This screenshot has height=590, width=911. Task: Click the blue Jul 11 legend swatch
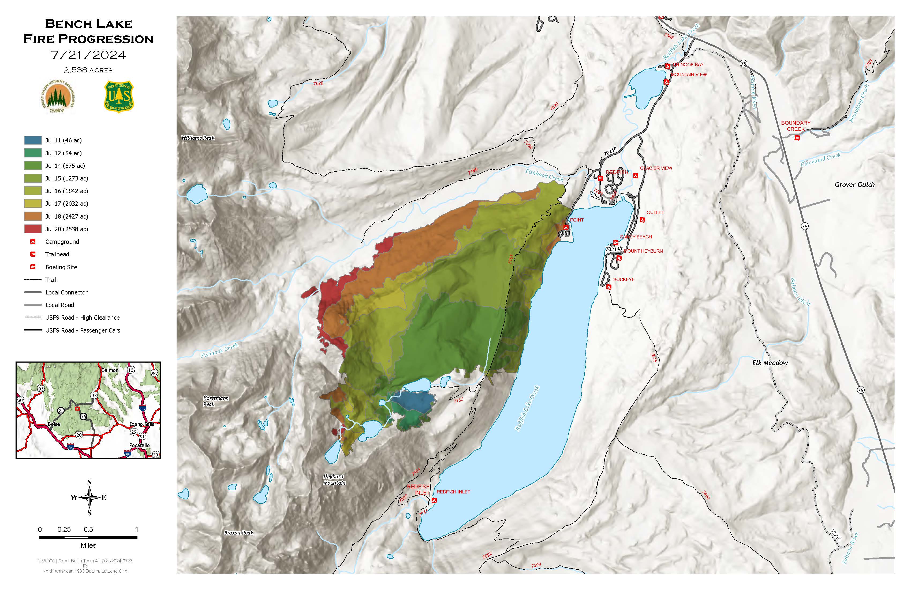[x=32, y=140]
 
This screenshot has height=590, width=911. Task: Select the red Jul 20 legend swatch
[x=32, y=229]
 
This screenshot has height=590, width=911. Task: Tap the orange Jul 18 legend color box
[x=32, y=216]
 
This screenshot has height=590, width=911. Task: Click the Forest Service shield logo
[x=119, y=97]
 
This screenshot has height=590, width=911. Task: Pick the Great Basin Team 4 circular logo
[x=57, y=97]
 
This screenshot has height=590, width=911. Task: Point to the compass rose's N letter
[x=89, y=482]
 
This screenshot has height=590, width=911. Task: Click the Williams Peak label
[x=198, y=138]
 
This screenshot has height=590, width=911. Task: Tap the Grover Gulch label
[x=854, y=185]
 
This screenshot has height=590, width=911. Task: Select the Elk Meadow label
[x=770, y=363]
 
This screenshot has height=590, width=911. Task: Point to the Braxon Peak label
[x=238, y=533]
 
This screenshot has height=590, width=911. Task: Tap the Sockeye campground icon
[x=608, y=287]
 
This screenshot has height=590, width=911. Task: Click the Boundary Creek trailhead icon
[x=797, y=138]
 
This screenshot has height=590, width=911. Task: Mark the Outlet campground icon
[x=642, y=220]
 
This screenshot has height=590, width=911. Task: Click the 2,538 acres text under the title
[x=88, y=70]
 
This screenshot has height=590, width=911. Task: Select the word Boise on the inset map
[x=54, y=424]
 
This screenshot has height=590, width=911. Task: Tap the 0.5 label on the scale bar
[x=88, y=529]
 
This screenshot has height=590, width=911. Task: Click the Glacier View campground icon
[x=635, y=175]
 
